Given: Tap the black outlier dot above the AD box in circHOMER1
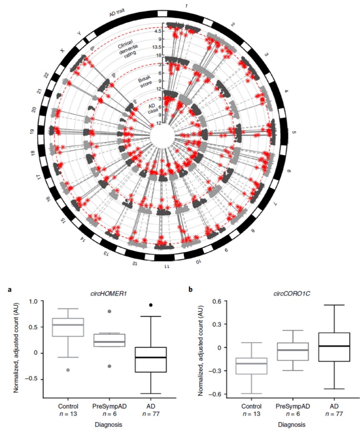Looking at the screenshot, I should [151, 305].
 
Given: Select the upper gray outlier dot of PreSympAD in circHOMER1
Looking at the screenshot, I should [109, 311].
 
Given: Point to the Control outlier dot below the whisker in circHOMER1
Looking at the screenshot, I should [68, 370].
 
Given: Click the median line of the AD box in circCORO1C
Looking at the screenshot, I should [334, 346].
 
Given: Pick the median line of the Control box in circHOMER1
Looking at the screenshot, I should [68, 325].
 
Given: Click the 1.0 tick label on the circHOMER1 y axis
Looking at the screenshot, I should [34, 301].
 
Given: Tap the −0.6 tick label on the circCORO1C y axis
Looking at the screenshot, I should [215, 394].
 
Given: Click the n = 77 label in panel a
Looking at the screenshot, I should [151, 414].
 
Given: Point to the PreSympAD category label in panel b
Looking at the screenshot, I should [293, 406].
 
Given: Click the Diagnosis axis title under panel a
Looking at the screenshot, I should [108, 425].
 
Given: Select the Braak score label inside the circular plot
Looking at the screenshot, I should [146, 81].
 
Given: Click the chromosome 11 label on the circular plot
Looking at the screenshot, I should [166, 266].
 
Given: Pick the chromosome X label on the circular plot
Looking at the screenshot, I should [62, 51].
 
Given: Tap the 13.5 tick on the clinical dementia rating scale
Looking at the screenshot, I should [157, 47].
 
